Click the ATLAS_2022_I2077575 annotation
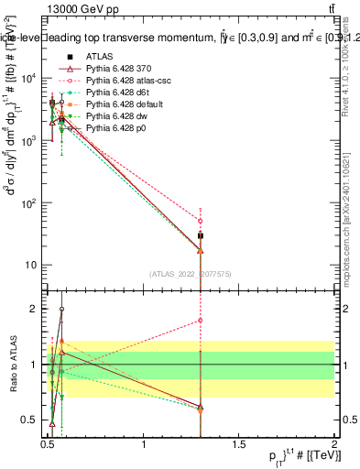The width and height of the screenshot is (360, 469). (x=191, y=273)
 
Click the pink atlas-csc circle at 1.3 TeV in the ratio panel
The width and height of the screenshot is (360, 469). (x=201, y=321)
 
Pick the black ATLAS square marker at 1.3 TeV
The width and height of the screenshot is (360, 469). (x=201, y=236)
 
